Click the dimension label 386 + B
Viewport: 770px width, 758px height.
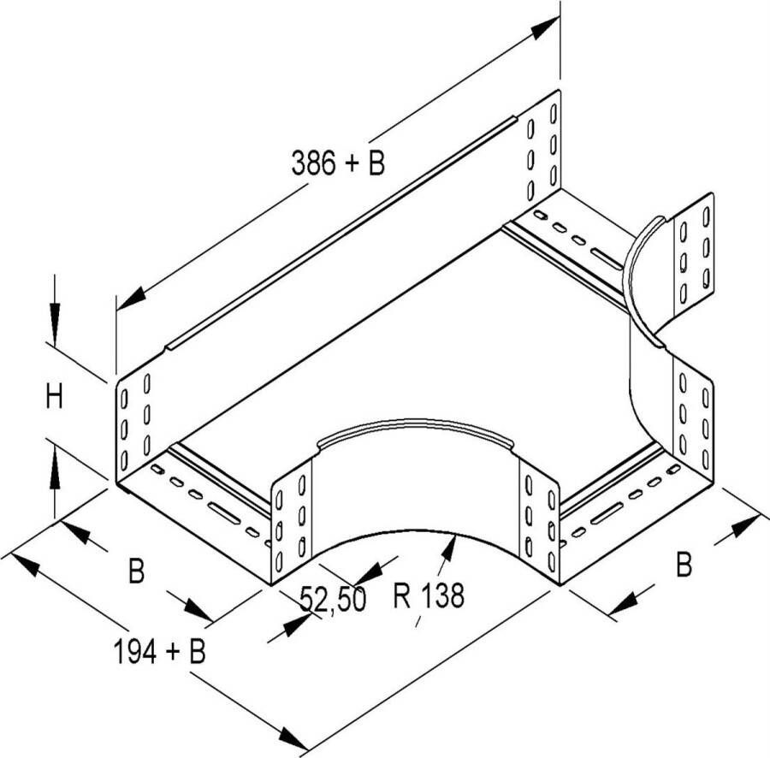(338, 163)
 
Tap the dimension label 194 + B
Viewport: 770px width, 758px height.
(160, 651)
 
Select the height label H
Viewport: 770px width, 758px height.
(54, 397)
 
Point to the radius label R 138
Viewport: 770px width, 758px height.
(429, 595)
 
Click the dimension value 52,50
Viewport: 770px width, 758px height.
(333, 600)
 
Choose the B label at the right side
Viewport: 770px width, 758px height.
(684, 564)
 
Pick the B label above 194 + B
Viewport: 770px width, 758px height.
(136, 571)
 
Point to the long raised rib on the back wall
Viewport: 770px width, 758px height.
(341, 234)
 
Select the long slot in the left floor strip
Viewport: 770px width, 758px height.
(224, 512)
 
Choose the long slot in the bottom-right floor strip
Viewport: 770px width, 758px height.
(607, 512)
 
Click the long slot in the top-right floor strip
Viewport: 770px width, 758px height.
(607, 258)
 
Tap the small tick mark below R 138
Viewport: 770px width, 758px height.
(418, 621)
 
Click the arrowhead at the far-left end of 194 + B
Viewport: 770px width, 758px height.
(25, 565)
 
